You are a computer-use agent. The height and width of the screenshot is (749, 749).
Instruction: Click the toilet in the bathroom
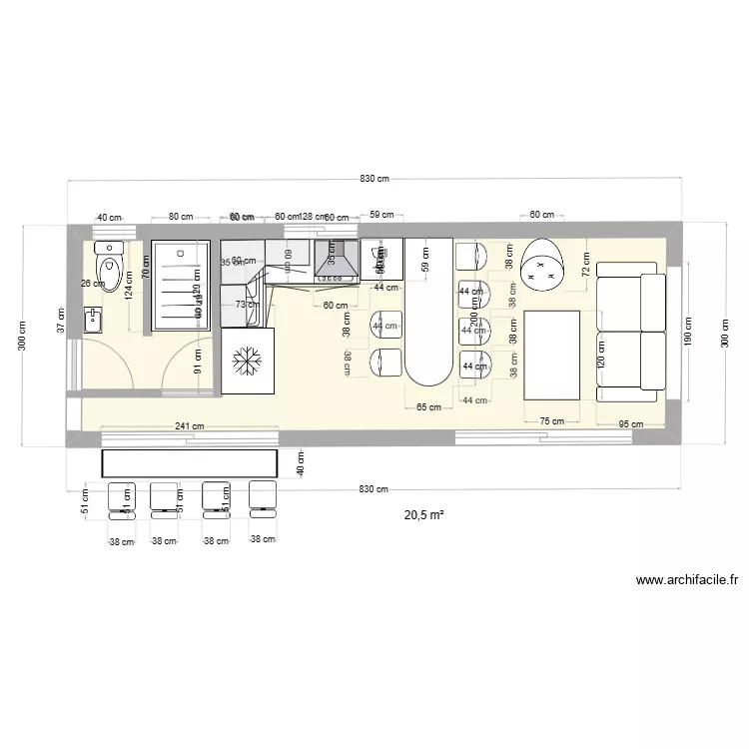pos(107,265)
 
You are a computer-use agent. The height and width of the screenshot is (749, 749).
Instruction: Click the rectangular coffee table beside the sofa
pos(552,355)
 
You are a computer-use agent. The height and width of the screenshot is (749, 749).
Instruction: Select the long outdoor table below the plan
pos(190,463)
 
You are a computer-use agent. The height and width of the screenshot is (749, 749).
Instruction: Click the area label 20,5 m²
pos(423,516)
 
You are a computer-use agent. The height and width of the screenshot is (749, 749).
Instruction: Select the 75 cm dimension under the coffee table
pos(551,422)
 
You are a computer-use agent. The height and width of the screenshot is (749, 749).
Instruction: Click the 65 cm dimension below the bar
pos(428,407)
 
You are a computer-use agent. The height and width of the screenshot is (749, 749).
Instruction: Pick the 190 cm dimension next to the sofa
pos(688,330)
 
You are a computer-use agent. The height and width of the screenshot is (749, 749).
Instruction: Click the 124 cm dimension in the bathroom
pos(129,289)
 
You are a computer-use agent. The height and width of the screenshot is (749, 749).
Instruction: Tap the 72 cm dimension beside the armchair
pos(586,266)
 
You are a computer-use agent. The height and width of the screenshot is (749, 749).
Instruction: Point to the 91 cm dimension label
pos(198,360)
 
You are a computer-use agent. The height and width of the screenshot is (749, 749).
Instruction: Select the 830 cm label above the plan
pos(374,179)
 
